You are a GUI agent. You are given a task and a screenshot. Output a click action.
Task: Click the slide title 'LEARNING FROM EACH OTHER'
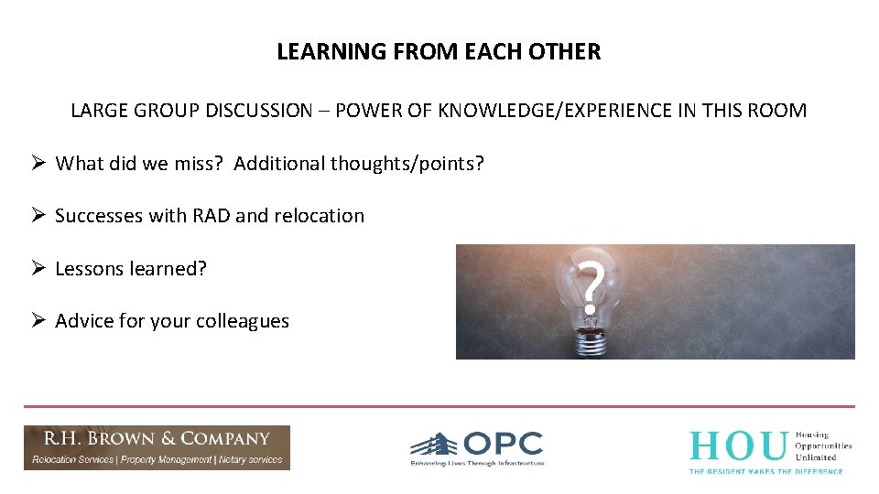[x=439, y=52]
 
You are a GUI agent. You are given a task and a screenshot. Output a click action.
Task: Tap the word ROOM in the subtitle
[x=779, y=111]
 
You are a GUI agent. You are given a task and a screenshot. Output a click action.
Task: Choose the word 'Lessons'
[x=88, y=269]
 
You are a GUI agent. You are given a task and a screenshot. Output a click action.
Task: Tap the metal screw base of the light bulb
[x=591, y=342]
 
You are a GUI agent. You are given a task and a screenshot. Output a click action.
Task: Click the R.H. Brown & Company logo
[x=157, y=447]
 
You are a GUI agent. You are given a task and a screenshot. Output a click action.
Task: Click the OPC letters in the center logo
[x=503, y=445]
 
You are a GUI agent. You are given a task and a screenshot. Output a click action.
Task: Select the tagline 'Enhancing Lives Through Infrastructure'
[x=477, y=464]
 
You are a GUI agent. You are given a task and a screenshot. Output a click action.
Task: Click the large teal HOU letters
[x=738, y=446]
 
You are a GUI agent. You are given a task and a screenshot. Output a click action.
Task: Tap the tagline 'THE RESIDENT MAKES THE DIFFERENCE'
[x=765, y=470]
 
